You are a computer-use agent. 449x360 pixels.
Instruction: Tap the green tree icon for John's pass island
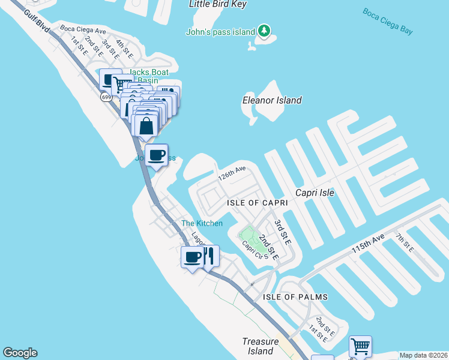(x=264, y=31)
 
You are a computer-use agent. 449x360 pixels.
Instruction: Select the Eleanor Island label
(x=271, y=100)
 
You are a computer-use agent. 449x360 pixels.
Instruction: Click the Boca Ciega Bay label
(x=388, y=21)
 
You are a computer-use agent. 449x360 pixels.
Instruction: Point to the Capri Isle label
(x=315, y=193)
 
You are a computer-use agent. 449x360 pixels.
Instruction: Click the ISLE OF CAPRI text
(x=258, y=203)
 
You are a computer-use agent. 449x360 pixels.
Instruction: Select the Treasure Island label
(x=261, y=346)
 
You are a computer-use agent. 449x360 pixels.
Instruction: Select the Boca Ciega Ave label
(x=82, y=31)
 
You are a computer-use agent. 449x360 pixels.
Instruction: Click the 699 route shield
(x=106, y=97)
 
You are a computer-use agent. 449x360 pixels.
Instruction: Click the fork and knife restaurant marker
(x=208, y=256)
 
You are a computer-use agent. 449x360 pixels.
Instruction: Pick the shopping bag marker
(x=146, y=126)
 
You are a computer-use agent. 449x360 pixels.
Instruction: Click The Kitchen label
(x=202, y=223)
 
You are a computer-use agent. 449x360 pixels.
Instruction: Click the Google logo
(x=20, y=353)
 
